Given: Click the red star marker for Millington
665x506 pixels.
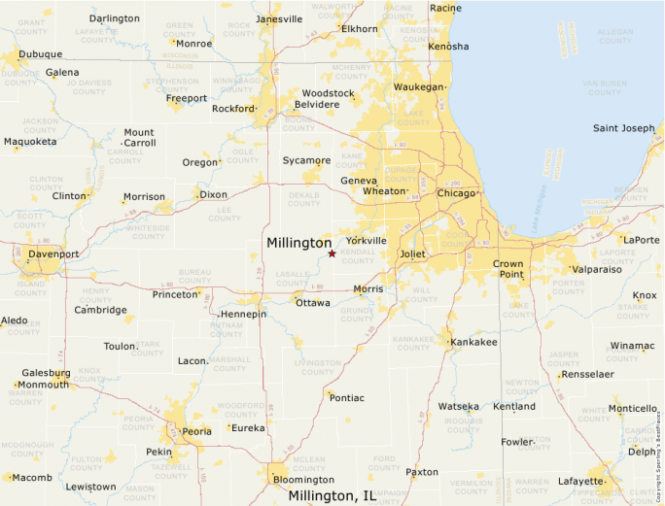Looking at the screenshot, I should [x=332, y=253].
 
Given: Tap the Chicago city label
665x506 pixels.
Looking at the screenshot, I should [x=456, y=193].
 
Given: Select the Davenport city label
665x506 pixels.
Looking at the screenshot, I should [x=53, y=254].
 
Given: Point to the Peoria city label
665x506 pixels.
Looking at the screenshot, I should [x=196, y=430].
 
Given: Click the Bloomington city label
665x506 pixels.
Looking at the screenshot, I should [x=303, y=480].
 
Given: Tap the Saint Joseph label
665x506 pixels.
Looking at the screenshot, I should [x=624, y=128].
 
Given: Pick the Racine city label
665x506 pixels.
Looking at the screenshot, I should [x=445, y=8].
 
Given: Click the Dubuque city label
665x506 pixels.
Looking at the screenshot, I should [x=40, y=54].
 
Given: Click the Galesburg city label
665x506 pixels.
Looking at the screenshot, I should [x=46, y=373].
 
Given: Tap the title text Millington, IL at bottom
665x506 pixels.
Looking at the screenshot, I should [x=332, y=496].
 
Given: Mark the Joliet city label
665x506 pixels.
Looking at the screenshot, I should [x=413, y=254].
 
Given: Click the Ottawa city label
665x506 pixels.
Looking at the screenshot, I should [x=312, y=303].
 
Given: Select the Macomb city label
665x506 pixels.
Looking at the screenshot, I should [x=32, y=478].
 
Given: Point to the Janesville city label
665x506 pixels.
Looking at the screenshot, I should [x=279, y=19].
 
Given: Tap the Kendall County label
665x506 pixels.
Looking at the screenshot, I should [x=358, y=256].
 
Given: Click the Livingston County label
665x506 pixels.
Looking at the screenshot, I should [x=317, y=367].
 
